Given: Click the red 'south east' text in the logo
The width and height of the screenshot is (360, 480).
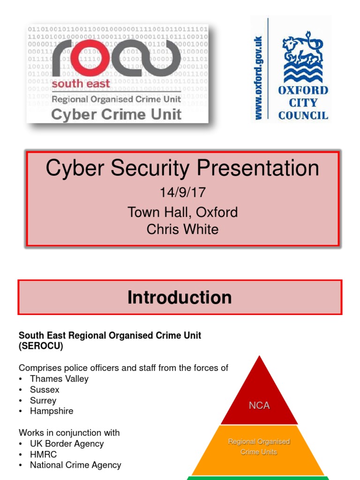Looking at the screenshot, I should tap(81, 84).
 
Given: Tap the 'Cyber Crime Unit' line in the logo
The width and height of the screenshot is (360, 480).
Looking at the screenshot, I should tap(116, 114).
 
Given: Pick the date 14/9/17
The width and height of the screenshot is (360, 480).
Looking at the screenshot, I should tap(182, 193).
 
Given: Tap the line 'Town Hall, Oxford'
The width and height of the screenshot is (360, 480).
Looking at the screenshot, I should tap(182, 212).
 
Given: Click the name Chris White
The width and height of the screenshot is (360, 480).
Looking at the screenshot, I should tap(182, 229).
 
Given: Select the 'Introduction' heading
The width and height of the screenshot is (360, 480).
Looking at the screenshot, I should tap(180, 298).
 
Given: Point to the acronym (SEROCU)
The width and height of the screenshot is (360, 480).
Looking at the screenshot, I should tap(41, 346).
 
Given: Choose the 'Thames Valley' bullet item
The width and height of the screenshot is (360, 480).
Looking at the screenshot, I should tap(59, 379).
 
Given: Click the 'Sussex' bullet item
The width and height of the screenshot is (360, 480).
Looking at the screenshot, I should tap(45, 390).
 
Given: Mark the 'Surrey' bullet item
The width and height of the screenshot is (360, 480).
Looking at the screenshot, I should tap(43, 400).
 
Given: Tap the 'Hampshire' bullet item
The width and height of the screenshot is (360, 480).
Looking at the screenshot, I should tap(52, 411).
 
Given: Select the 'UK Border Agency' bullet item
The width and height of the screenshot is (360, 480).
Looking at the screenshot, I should tap(67, 443).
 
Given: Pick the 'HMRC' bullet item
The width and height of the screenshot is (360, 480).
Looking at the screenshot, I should tap(43, 454).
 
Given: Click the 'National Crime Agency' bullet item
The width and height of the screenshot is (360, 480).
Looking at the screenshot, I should tap(75, 465).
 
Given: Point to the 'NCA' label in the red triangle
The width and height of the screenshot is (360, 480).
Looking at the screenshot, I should tap(259, 405).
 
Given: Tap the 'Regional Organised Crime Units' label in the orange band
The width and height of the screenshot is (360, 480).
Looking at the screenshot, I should tap(259, 447).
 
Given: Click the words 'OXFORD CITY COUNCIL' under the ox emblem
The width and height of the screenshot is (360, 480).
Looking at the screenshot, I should tap(303, 103).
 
